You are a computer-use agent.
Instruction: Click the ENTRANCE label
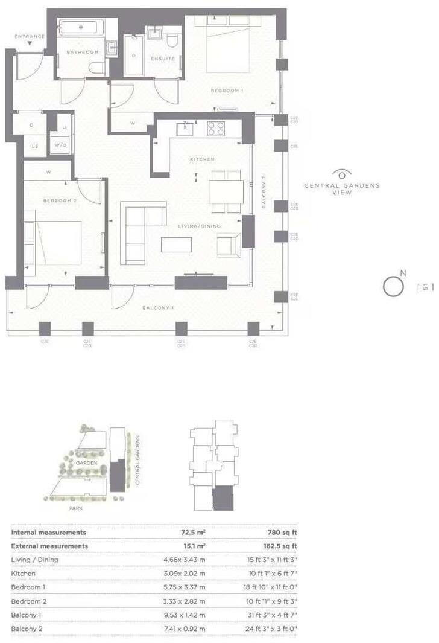click(30, 37)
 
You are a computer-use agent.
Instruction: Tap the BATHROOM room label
click(82, 53)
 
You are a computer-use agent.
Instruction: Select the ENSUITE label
click(163, 59)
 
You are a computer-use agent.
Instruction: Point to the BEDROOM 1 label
click(227, 91)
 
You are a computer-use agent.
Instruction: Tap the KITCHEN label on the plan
click(203, 159)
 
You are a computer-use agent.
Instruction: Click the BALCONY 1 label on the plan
click(158, 309)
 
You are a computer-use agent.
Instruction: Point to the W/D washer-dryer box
click(60, 146)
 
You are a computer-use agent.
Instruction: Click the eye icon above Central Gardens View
click(342, 173)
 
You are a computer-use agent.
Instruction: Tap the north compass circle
click(393, 286)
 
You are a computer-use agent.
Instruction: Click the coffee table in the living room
click(176, 245)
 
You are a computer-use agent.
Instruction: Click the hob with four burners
click(215, 129)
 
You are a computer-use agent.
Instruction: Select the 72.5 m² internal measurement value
click(194, 533)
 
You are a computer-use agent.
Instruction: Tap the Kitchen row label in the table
click(24, 573)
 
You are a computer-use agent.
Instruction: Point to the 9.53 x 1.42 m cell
click(185, 615)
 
